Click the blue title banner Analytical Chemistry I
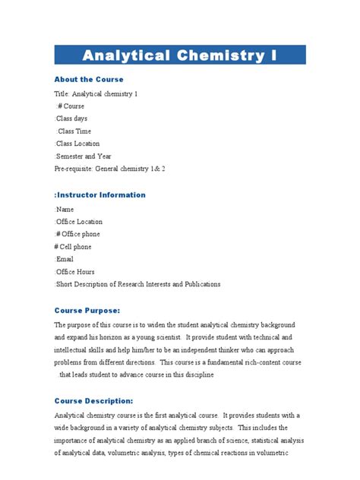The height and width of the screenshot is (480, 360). coord(179,55)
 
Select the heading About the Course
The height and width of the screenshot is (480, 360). coord(88,79)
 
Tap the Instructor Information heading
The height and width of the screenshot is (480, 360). coord(99,195)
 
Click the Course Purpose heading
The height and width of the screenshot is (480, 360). coord(87,310)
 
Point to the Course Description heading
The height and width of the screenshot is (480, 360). coord(94,400)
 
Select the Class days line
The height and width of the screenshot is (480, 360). coord(73,118)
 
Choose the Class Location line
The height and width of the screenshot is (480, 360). coord(78,144)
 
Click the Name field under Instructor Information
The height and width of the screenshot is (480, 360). coord(65,209)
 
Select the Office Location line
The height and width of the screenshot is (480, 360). coord(79,222)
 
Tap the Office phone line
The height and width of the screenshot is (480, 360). coord(77,234)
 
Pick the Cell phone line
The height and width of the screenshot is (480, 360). coord(73,247)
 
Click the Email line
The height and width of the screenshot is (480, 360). coord(65,259)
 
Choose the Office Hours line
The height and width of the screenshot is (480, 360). coord(76,272)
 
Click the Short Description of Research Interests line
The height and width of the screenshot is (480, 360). coord(137,284)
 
